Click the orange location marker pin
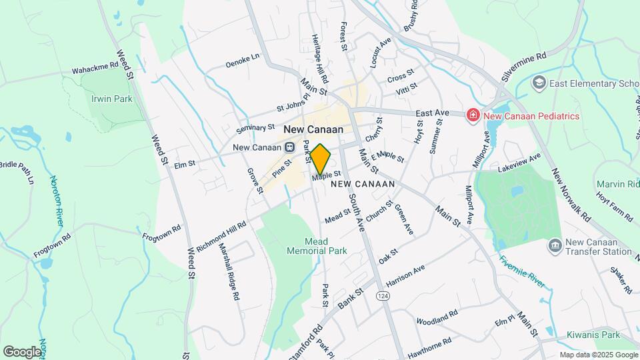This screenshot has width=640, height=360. (320, 159)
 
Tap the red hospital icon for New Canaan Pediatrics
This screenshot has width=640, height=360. (473, 115)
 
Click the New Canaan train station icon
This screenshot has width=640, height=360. (289, 147)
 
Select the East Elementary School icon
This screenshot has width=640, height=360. (539, 83)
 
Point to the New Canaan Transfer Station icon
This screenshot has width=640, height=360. (554, 247)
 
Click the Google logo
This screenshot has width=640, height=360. (22, 351)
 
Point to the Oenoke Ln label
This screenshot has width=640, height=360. (241, 61)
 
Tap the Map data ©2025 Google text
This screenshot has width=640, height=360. (598, 355)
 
